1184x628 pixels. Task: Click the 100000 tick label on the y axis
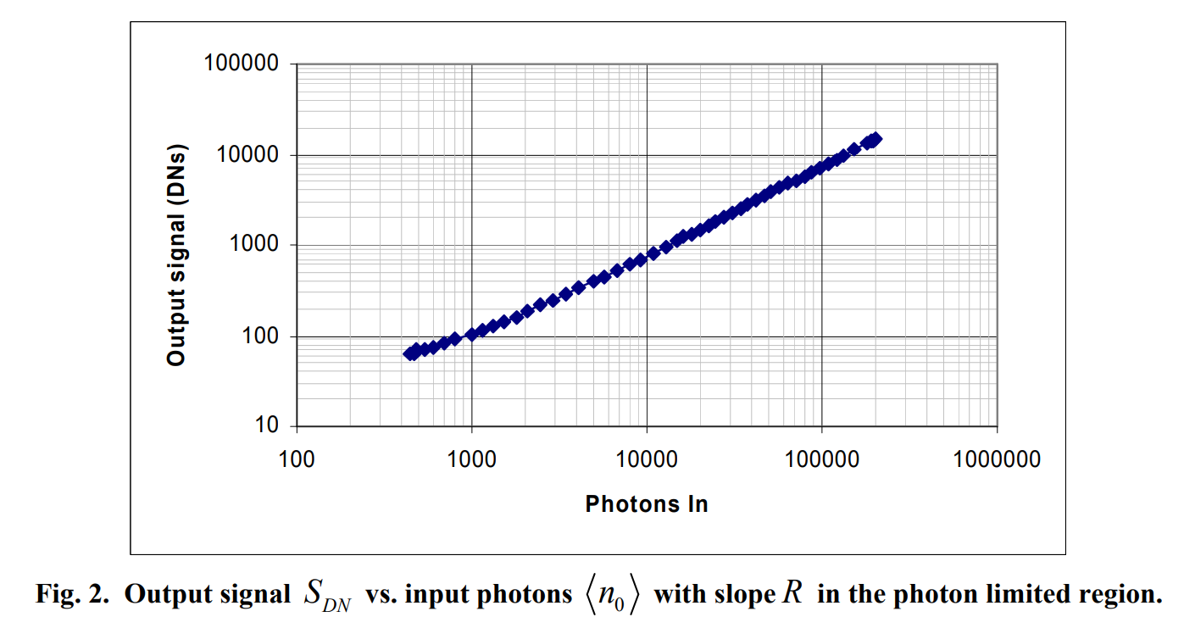point(243,64)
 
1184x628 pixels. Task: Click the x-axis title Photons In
point(647,504)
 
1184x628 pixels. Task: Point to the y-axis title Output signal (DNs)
point(176,254)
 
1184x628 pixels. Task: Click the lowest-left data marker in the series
point(410,353)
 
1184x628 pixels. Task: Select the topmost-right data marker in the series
point(875,139)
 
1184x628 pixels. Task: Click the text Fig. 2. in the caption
point(74,594)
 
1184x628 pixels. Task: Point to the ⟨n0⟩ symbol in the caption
point(611,595)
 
